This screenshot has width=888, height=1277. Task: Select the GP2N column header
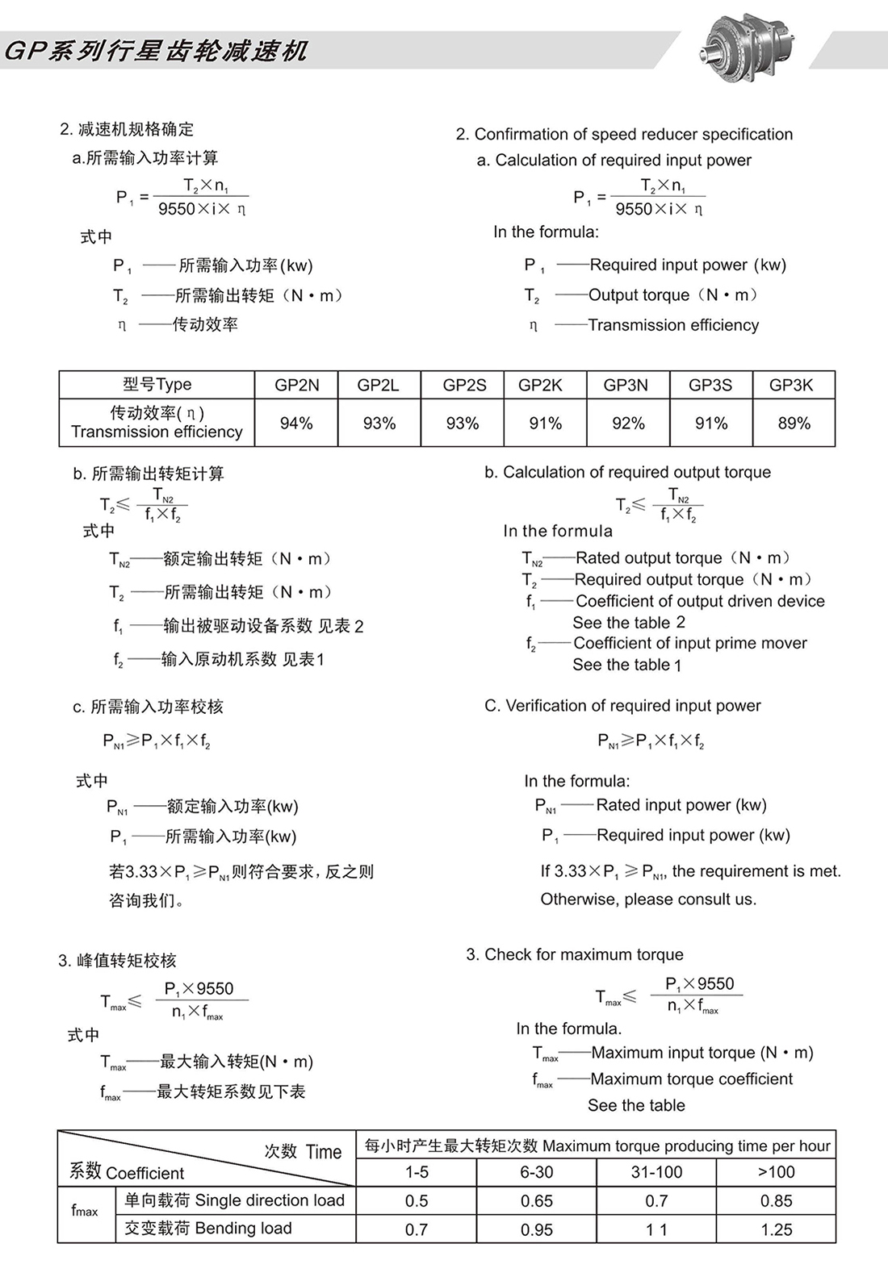point(296,385)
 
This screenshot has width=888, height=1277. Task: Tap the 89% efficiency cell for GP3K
point(794,424)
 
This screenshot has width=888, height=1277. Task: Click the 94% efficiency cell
point(296,424)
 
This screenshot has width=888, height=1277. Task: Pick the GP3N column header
point(626,385)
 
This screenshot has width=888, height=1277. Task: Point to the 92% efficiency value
point(628,424)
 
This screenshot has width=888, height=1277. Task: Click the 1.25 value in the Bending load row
point(776,1229)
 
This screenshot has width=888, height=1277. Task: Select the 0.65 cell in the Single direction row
point(536,1201)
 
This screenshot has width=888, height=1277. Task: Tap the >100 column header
point(776,1172)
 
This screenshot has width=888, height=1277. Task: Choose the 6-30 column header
point(536,1172)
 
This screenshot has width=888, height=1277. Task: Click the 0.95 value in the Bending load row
point(536,1229)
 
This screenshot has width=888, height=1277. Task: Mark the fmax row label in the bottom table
point(85,1211)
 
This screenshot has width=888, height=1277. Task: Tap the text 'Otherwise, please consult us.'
point(648,899)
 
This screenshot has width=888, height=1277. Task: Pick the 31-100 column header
point(656,1172)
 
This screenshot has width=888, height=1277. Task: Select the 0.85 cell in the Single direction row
point(776,1201)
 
